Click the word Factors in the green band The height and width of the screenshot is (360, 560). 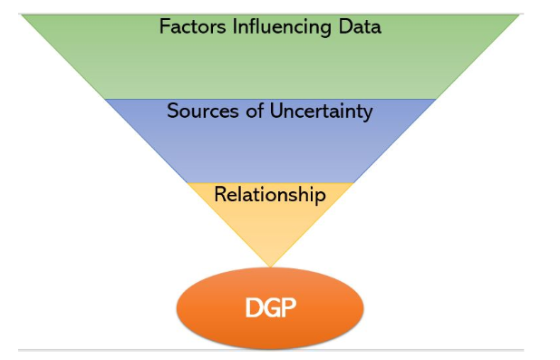pyautogui.click(x=192, y=26)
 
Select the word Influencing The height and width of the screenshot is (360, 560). pyautogui.click(x=282, y=28)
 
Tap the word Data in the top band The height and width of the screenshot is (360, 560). pyautogui.click(x=360, y=26)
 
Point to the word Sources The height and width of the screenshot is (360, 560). pyautogui.click(x=202, y=111)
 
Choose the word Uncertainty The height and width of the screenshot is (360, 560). pyautogui.click(x=321, y=112)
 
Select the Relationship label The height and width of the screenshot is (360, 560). pyautogui.click(x=270, y=195)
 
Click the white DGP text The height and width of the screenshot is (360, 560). pyautogui.click(x=270, y=307)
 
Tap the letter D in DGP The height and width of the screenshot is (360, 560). pyautogui.click(x=253, y=307)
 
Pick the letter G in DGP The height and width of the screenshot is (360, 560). pyautogui.click(x=271, y=307)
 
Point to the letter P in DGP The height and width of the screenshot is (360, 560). pyautogui.click(x=289, y=307)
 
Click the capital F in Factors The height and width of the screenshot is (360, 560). pyautogui.click(x=164, y=26)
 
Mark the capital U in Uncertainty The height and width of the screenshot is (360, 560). pyautogui.click(x=276, y=111)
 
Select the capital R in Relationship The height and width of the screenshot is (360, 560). pyautogui.click(x=220, y=194)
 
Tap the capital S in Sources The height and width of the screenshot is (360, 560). pyautogui.click(x=173, y=111)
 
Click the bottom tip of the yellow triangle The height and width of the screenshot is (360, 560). pyautogui.click(x=270, y=267)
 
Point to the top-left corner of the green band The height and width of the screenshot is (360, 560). pyautogui.click(x=22, y=15)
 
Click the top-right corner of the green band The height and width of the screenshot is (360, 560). pyautogui.click(x=519, y=15)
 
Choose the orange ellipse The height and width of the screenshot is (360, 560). pyautogui.click(x=270, y=307)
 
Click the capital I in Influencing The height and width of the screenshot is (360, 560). pyautogui.click(x=235, y=26)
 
